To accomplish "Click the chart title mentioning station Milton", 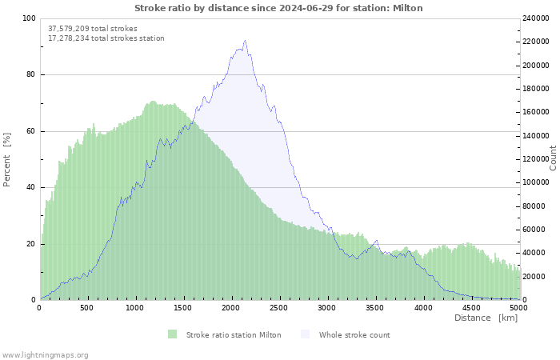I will [x=278, y=8].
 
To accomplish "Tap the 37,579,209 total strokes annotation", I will [x=93, y=28].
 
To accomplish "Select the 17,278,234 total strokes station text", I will [x=106, y=38].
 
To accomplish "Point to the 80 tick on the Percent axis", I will [x=30, y=74].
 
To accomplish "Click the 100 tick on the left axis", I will [x=28, y=18].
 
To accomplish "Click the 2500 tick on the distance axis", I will [x=279, y=307].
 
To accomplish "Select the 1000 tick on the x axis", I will [x=135, y=307].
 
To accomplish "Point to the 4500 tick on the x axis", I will [x=471, y=307].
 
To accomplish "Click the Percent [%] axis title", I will [x=7, y=160].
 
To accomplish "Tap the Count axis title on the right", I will [x=553, y=158].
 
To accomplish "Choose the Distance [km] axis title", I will [x=486, y=318].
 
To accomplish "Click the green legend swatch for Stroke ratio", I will [x=172, y=334].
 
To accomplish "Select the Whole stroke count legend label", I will [x=354, y=334].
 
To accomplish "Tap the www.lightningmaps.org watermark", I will [x=45, y=354].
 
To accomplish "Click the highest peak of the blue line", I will [x=245, y=41].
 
